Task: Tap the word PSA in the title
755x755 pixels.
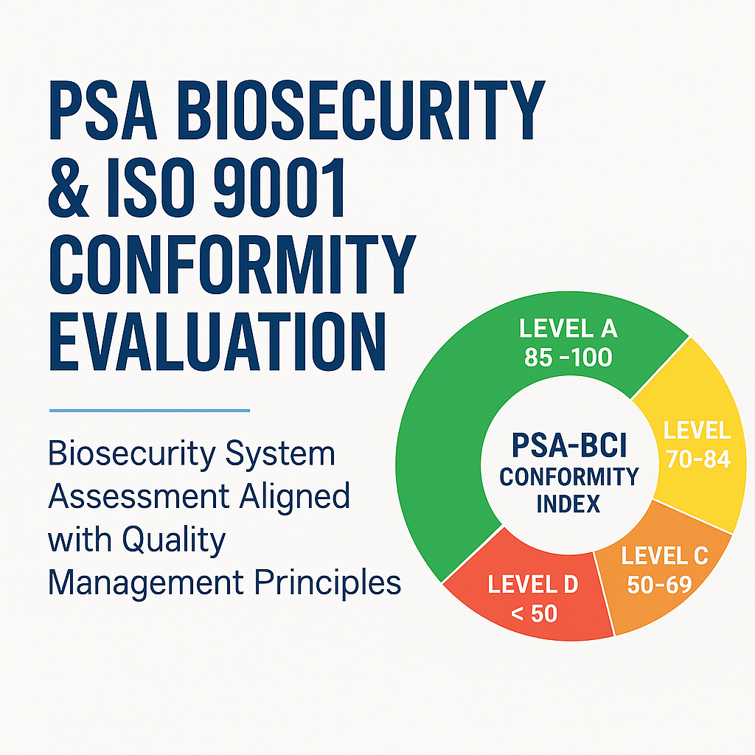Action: (x=103, y=110)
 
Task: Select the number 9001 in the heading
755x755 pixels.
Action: (x=279, y=187)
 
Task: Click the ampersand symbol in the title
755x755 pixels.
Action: (x=69, y=187)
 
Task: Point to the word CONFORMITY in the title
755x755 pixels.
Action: (x=232, y=264)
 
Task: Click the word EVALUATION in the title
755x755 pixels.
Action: (x=218, y=341)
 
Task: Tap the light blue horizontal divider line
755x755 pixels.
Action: (x=150, y=411)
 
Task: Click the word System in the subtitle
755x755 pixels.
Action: (x=280, y=454)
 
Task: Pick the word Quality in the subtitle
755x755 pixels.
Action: (x=174, y=540)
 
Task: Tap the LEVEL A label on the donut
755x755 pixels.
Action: (x=568, y=329)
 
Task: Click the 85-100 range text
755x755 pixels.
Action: (x=568, y=358)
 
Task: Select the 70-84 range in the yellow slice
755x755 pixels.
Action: (x=698, y=459)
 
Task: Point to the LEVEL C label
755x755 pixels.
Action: (x=664, y=556)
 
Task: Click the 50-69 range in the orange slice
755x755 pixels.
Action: (x=660, y=585)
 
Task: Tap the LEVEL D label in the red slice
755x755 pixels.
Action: (x=533, y=585)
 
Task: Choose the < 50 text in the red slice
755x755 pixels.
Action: (x=534, y=613)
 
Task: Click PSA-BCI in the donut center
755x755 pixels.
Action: (x=569, y=445)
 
